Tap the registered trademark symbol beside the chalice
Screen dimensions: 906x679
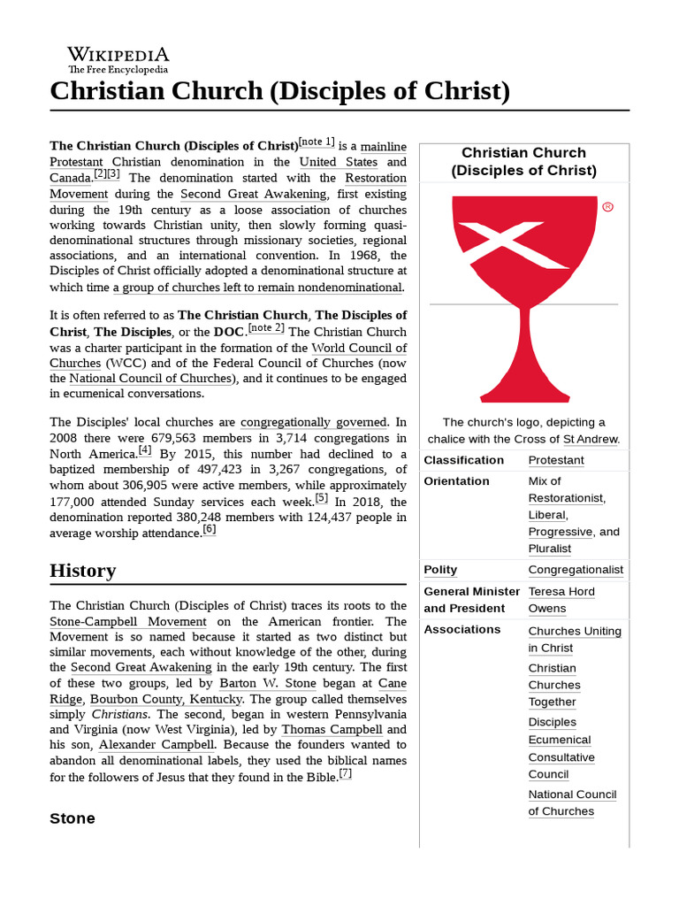[607, 207]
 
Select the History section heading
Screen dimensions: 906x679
[82, 571]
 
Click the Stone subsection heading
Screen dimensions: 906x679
[72, 818]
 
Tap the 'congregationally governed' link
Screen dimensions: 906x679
[313, 422]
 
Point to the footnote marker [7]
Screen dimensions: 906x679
[345, 774]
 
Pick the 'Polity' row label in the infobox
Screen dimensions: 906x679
[440, 570]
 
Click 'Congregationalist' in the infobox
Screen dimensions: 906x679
[576, 570]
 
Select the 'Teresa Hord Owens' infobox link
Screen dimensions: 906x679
[561, 600]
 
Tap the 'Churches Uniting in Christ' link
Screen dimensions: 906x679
[574, 639]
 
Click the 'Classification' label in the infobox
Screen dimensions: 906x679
[463, 460]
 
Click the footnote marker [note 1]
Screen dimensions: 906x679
[317, 142]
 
